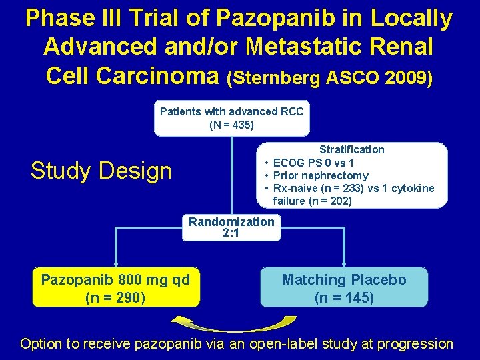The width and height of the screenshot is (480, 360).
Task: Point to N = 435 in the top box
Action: click(231, 125)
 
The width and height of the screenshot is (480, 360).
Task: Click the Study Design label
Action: click(101, 171)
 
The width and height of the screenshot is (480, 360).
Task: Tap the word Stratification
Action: click(351, 149)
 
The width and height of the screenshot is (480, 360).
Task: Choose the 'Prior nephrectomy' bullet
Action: click(321, 175)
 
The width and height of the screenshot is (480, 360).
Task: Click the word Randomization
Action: click(231, 222)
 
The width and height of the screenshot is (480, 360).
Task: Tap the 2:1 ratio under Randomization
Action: click(231, 233)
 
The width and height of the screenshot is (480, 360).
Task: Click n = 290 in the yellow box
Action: click(116, 297)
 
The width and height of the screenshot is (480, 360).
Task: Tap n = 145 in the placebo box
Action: click(344, 297)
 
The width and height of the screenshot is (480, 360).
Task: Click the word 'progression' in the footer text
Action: click(415, 344)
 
